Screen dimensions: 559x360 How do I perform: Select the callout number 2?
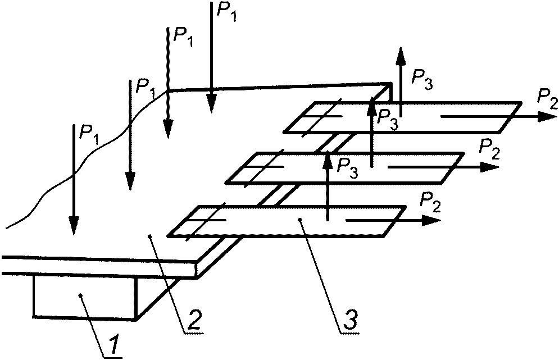pyautogui.click(x=194, y=321)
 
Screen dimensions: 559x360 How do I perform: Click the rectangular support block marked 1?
pyautogui.click(x=85, y=297)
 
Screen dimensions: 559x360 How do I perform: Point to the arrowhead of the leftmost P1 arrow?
pyautogui.click(x=74, y=226)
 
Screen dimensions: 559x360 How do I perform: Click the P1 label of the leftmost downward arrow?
pyautogui.click(x=88, y=134)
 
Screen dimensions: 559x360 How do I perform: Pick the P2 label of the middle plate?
pyautogui.click(x=489, y=149)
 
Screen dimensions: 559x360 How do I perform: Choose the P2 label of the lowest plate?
pyautogui.click(x=431, y=202)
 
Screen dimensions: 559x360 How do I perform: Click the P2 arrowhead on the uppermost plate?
pyautogui.click(x=548, y=117)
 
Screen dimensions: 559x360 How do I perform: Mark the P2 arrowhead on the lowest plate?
pyautogui.click(x=431, y=221)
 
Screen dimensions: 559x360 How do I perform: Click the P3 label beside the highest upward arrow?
pyautogui.click(x=422, y=79)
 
